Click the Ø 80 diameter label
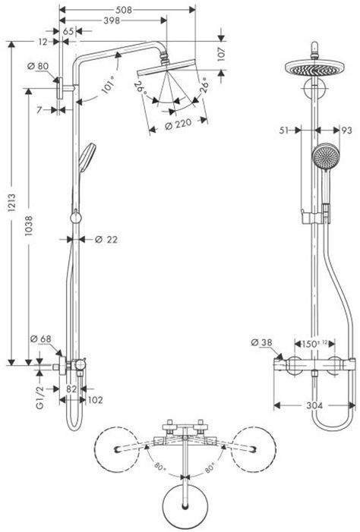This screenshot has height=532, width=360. click(38, 67)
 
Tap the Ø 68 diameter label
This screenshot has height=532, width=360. click(39, 338)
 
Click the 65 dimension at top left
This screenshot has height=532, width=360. click(68, 31)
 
